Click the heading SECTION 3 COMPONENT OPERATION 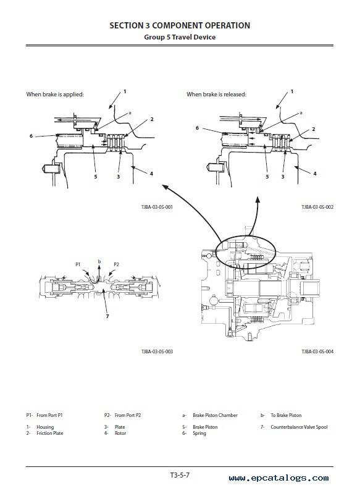180,25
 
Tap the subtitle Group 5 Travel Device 180,37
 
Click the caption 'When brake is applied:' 55,95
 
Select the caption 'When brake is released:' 216,95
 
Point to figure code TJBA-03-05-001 157,207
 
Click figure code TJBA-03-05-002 317,207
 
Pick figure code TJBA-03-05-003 157,351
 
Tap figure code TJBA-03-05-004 317,351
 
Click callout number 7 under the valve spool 107,316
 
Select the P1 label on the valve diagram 78,264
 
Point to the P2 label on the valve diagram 116,264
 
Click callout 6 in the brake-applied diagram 31,136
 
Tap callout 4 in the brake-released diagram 314,174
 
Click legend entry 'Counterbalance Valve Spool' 299,427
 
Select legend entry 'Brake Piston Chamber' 215,415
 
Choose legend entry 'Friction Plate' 50,433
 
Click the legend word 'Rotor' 120,433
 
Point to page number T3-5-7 180,475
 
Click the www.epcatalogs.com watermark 278,478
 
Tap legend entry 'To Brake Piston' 286,415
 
